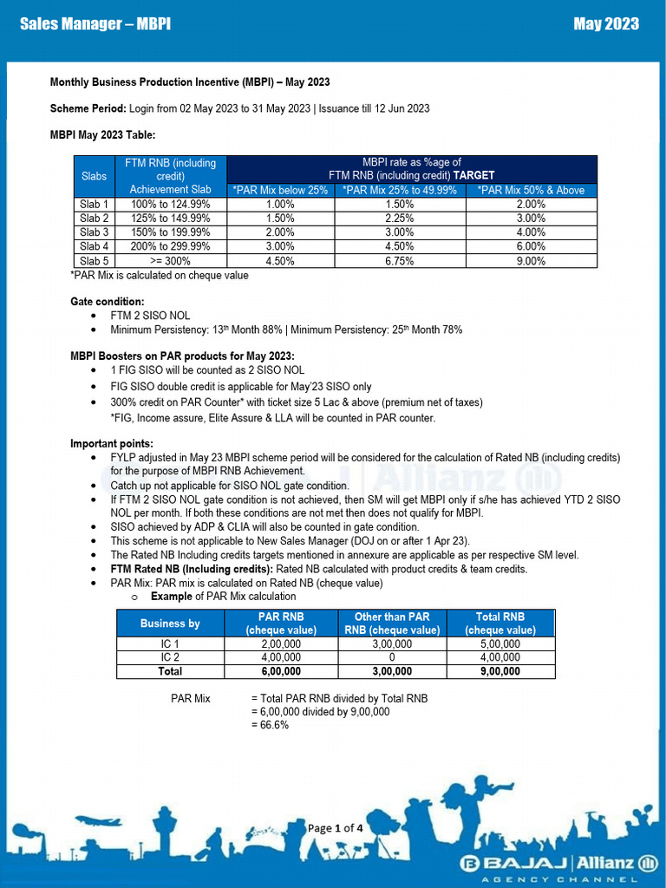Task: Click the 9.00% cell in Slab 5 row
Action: pyautogui.click(x=530, y=260)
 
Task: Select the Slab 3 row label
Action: pyautogui.click(x=94, y=232)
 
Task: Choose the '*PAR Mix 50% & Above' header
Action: pyautogui.click(x=530, y=190)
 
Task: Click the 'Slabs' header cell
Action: pyautogui.click(x=94, y=176)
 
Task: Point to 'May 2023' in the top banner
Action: pyautogui.click(x=606, y=23)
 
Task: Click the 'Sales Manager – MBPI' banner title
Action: pyautogui.click(x=95, y=23)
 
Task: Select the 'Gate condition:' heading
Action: pyautogui.click(x=108, y=301)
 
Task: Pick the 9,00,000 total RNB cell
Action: pyautogui.click(x=500, y=671)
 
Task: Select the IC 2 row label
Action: pyautogui.click(x=170, y=657)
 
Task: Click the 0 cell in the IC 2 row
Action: pyautogui.click(x=391, y=657)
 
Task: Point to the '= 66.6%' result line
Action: pyautogui.click(x=270, y=725)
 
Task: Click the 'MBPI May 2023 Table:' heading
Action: pyautogui.click(x=102, y=134)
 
